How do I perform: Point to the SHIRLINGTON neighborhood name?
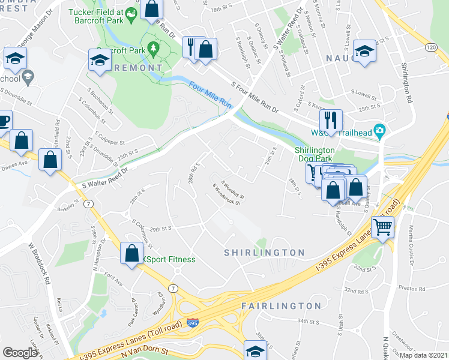click(264, 253)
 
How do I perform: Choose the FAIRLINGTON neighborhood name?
click(281, 306)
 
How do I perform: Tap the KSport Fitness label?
click(169, 260)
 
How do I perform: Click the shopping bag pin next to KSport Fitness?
click(131, 253)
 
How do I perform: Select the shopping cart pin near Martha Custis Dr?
click(382, 228)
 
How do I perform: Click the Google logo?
click(20, 353)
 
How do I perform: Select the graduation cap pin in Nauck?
click(364, 51)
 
